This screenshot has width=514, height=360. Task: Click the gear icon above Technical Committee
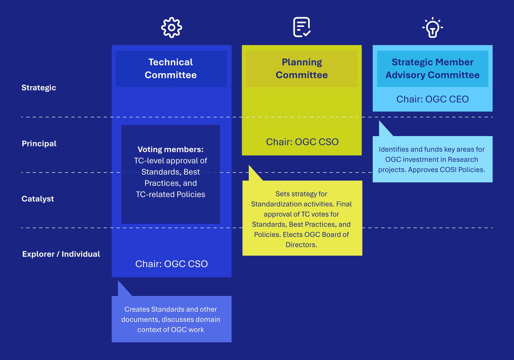coord(171,28)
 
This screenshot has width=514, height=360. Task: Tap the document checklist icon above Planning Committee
coord(302,27)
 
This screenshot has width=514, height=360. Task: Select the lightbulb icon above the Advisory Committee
coord(433,28)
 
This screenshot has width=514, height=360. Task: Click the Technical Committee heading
coord(171,69)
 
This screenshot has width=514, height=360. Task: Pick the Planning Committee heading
coord(302,69)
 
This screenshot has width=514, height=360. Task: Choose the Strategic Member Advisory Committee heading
coord(432,69)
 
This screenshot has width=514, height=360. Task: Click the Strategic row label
coord(39,88)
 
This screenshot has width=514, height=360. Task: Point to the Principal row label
coord(39,144)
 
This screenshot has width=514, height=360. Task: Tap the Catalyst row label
coord(38,199)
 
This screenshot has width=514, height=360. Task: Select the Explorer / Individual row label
coord(61,254)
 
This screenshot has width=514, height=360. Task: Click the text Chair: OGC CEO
coord(432,99)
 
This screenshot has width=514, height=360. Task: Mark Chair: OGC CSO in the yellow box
coord(302,142)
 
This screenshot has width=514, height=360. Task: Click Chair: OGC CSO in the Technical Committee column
coord(171,264)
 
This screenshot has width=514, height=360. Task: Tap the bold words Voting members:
coord(171,149)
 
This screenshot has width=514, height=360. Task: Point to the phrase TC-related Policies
coord(171,194)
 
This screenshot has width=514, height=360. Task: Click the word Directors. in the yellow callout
coord(301,245)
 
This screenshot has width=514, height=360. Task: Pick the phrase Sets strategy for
coord(301,194)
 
